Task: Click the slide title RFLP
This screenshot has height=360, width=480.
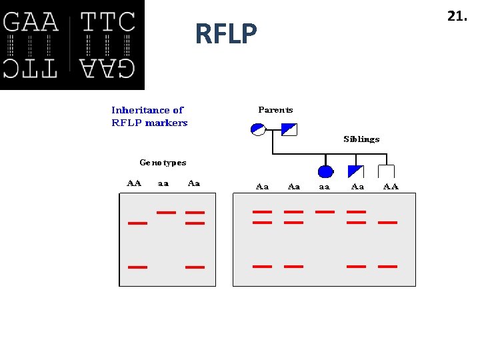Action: (x=226, y=33)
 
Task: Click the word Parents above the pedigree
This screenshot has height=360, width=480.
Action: (x=275, y=110)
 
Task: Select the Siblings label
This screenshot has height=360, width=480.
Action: (x=361, y=139)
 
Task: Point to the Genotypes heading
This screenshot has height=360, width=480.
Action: (x=163, y=163)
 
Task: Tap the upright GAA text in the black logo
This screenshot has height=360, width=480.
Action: (x=31, y=23)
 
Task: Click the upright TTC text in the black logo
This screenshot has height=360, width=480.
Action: (x=108, y=23)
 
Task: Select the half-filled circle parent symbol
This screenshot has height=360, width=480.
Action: (x=258, y=129)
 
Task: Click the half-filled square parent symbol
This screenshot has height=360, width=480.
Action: (x=289, y=129)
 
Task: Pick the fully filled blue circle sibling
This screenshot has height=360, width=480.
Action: (x=325, y=171)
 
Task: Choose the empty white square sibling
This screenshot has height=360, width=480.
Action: (x=387, y=171)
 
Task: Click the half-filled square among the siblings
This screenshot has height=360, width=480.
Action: (x=356, y=171)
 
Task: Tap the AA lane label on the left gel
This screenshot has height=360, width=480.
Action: (x=134, y=183)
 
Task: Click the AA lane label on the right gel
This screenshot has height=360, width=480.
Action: (x=391, y=187)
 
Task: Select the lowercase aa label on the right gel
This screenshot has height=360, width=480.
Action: (x=324, y=187)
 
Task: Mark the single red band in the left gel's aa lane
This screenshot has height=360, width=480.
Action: (x=166, y=213)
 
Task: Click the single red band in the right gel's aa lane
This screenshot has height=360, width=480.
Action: (x=325, y=212)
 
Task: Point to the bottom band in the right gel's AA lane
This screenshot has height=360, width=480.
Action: (x=387, y=266)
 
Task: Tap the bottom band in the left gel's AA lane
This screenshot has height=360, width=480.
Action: (x=137, y=267)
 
